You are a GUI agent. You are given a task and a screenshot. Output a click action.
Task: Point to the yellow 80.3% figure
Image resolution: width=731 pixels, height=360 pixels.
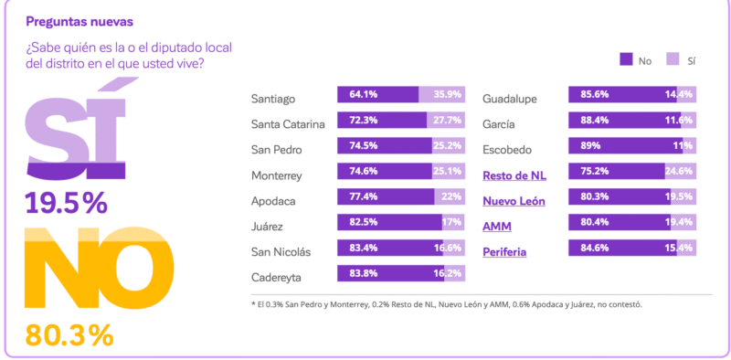(x=69, y=334)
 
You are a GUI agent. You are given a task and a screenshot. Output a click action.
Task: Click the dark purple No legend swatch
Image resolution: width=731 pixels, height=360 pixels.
(x=626, y=60)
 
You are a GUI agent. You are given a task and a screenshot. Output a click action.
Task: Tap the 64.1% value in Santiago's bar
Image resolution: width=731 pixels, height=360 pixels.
(x=356, y=95)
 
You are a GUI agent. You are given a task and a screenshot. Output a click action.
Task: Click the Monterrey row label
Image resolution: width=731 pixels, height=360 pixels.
(x=278, y=175)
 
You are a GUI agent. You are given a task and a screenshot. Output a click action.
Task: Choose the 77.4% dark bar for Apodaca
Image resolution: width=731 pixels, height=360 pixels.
(x=384, y=196)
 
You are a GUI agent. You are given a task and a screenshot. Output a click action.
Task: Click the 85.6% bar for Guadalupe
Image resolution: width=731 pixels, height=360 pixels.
(x=621, y=94)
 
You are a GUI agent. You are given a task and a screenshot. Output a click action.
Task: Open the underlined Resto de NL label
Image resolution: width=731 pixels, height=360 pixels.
(x=514, y=175)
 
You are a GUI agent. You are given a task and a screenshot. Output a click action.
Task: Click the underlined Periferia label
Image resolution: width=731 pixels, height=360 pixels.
(x=504, y=251)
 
